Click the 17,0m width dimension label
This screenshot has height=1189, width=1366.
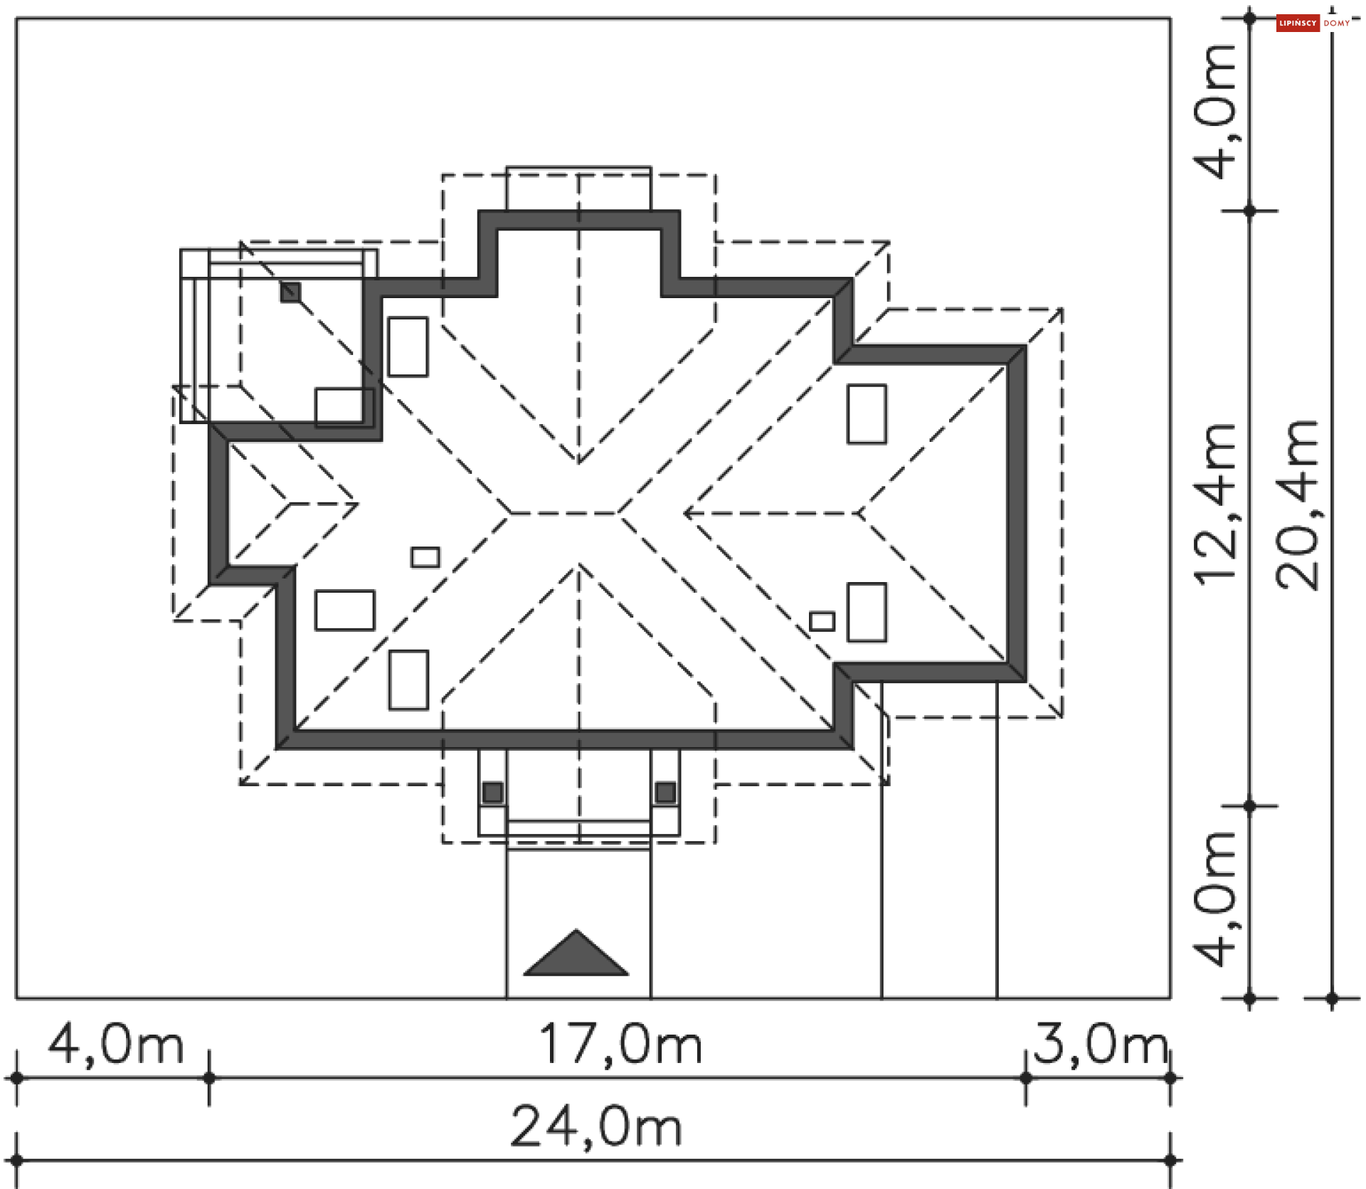(620, 1045)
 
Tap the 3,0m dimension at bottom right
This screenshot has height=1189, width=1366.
(1100, 1044)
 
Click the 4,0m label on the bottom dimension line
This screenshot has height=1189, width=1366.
(116, 1045)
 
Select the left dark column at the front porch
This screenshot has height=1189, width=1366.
(492, 792)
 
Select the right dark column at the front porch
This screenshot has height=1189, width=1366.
(665, 792)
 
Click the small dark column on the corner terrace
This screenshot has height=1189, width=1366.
(290, 292)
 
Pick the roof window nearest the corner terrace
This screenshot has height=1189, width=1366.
(408, 347)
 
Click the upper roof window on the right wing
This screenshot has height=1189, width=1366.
(867, 414)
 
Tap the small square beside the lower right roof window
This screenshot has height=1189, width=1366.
(822, 621)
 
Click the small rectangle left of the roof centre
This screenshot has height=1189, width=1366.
(425, 557)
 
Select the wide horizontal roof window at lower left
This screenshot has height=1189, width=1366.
(345, 611)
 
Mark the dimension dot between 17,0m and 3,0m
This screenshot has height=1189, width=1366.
(1025, 1078)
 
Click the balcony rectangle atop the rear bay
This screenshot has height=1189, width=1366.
(578, 189)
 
